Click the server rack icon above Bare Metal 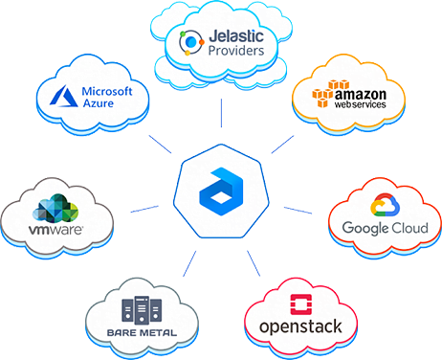click(144, 309)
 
